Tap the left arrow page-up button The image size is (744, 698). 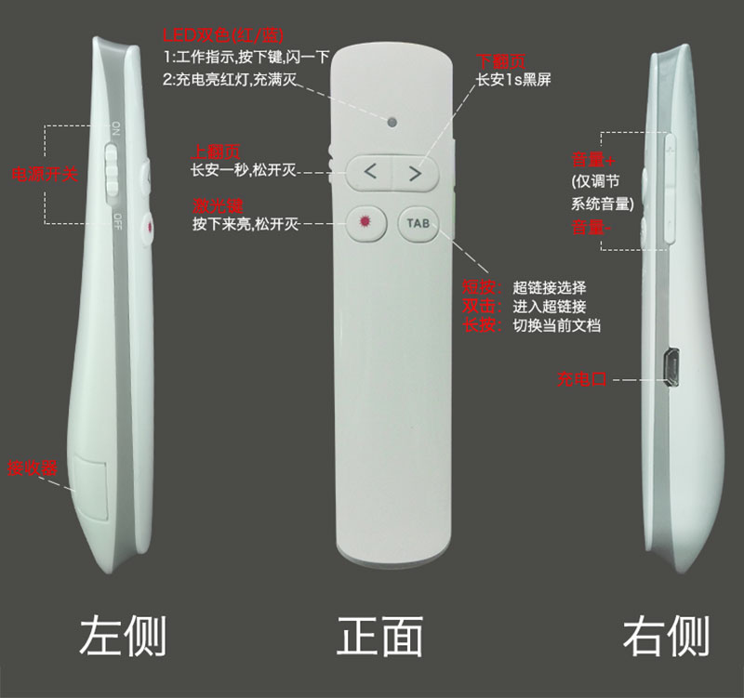pos(370,171)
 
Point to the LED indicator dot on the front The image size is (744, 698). pos(393,122)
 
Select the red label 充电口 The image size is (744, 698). pos(582,379)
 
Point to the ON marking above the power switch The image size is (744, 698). pos(115,127)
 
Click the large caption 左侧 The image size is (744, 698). pos(123,637)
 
